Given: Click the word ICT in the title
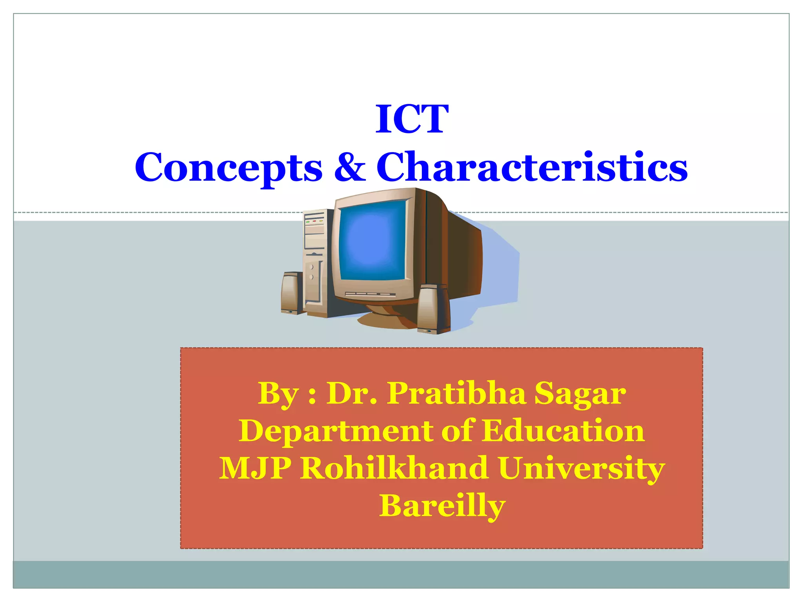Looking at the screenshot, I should pyautogui.click(x=411, y=119).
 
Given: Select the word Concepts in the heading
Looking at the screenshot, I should pyautogui.click(x=229, y=167).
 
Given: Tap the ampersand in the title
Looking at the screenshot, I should pyautogui.click(x=350, y=167).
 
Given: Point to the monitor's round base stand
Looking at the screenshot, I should pyautogui.click(x=386, y=317).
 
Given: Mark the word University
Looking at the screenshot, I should pyautogui.click(x=581, y=468).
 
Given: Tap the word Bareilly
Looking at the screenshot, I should pyautogui.click(x=442, y=506).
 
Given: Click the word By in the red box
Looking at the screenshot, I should pyautogui.click(x=278, y=393).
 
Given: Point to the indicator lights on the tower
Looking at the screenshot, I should pyautogui.click(x=314, y=222).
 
